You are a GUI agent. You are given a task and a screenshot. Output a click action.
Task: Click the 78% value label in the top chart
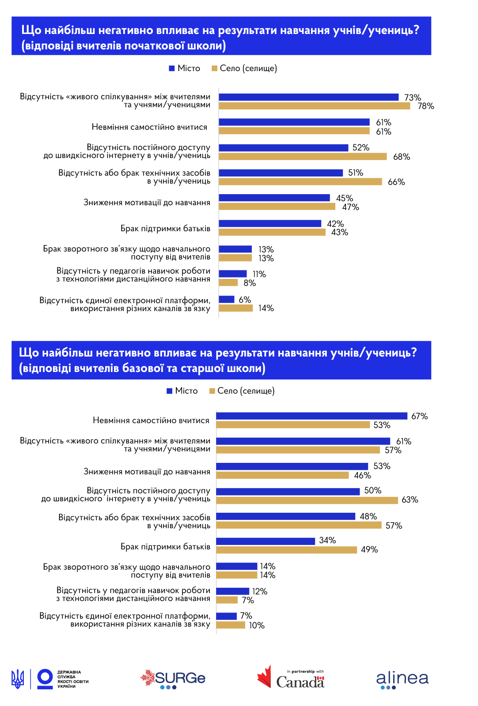425,106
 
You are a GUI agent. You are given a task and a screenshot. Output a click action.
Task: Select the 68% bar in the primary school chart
303,157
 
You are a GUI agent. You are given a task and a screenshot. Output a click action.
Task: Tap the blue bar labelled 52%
283,147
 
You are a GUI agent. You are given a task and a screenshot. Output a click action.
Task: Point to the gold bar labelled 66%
300,182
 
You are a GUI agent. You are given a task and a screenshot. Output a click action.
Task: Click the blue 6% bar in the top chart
227,300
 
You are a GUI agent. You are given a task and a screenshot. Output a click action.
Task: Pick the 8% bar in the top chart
228,283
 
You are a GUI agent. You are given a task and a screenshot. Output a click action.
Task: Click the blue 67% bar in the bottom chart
311,416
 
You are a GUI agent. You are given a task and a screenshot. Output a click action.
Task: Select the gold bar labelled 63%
307,500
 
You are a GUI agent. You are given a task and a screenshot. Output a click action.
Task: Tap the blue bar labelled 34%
266,541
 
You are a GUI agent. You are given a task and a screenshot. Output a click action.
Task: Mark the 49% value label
369,550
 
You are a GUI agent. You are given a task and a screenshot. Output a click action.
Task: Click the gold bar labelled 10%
231,625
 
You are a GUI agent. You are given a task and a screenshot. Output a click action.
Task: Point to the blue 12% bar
233,591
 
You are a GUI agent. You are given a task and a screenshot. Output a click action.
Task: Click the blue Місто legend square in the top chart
172,68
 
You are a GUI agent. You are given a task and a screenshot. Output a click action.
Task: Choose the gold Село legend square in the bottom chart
212,391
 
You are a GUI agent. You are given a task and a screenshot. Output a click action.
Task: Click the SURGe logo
173,679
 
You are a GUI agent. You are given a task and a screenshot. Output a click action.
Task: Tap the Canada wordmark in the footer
300,682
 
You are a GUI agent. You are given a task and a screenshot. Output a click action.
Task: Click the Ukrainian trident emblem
18,679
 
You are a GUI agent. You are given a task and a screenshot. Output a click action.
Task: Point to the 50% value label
372,491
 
